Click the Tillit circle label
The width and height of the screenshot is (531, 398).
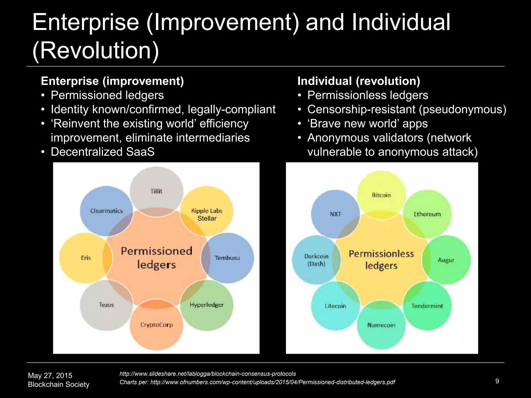click(x=156, y=191)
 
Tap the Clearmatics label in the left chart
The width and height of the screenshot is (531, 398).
click(x=106, y=211)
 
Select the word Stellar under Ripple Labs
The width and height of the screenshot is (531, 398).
click(x=207, y=218)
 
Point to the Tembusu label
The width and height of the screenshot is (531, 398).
click(x=227, y=258)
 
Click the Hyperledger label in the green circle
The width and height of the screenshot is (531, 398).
click(x=207, y=305)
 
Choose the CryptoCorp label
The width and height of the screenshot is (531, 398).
click(x=156, y=325)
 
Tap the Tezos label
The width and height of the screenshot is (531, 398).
click(x=106, y=305)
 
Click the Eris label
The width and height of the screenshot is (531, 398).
click(x=86, y=258)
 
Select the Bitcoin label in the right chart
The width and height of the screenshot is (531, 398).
click(x=381, y=195)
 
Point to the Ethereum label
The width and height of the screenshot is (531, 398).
click(x=427, y=214)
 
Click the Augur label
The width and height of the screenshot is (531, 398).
click(x=446, y=260)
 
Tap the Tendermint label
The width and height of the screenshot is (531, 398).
click(x=427, y=306)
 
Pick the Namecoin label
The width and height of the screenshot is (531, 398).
click(x=381, y=325)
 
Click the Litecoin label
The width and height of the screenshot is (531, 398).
click(x=336, y=306)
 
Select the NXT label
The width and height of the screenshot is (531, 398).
click(x=335, y=214)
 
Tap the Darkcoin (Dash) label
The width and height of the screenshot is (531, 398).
click(x=316, y=260)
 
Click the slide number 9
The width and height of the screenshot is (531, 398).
click(x=497, y=381)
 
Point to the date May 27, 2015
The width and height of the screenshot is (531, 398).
click(x=50, y=375)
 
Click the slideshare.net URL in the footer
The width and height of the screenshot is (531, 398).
click(x=207, y=374)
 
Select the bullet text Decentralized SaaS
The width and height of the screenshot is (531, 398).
click(x=103, y=152)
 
